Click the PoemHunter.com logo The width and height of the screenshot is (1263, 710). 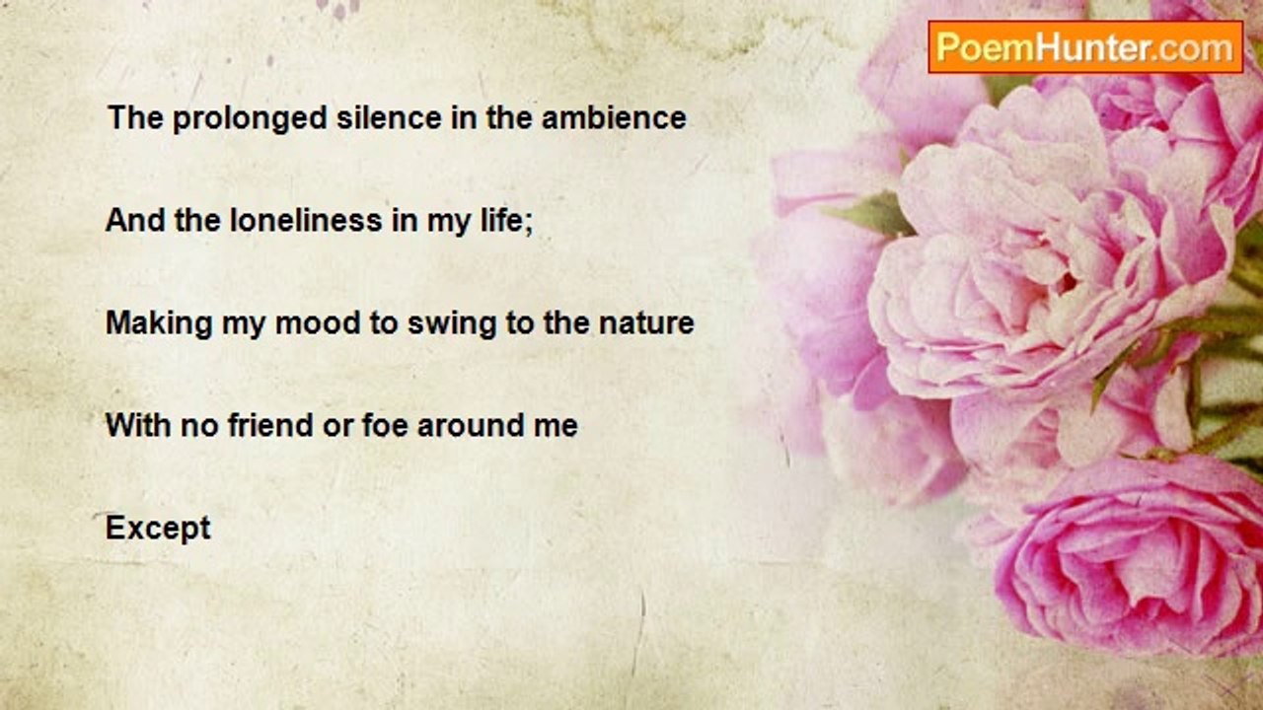tap(1085, 47)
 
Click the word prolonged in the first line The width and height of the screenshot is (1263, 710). tap(250, 119)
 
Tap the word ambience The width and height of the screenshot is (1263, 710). tap(614, 117)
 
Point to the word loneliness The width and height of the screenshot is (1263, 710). tap(306, 220)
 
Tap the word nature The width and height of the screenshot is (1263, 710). tap(646, 323)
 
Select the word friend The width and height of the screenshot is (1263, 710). tap(270, 425)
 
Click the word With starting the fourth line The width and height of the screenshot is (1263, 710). tap(139, 425)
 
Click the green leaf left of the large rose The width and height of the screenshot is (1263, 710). tap(871, 214)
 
